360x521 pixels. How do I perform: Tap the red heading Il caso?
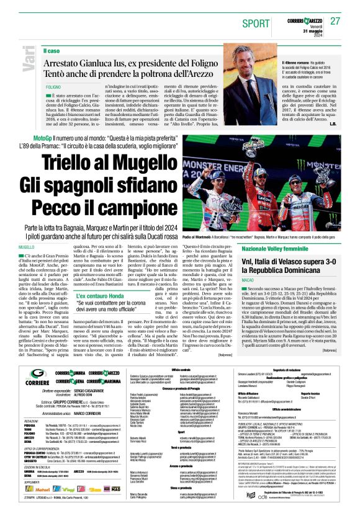pos(52,50)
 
